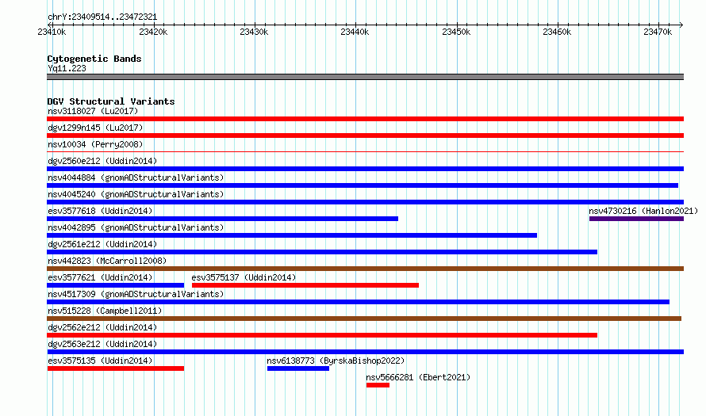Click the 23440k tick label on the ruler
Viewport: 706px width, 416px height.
[355, 32]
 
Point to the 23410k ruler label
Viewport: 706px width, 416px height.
[52, 32]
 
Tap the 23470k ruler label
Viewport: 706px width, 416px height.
[658, 32]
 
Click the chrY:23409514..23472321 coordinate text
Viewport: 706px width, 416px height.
[102, 17]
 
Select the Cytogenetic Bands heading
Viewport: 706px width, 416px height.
[94, 59]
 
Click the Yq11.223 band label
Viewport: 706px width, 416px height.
[67, 68]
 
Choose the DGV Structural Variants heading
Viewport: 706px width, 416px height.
[111, 101]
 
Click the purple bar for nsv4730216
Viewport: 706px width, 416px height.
[636, 219]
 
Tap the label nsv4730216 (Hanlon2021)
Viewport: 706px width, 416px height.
[643, 211]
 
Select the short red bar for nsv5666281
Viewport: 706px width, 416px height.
[378, 385]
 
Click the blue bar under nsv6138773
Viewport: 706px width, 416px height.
[298, 368]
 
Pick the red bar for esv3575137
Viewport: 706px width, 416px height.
[305, 285]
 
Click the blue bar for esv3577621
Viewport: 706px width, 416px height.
[116, 285]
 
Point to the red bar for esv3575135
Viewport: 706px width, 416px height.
[116, 368]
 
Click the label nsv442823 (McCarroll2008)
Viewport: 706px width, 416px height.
[107, 261]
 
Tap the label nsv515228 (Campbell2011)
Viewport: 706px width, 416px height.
[105, 311]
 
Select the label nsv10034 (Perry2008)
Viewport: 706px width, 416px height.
[95, 144]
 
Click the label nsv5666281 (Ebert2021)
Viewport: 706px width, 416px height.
[418, 377]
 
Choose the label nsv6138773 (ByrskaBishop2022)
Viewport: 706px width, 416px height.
[336, 361]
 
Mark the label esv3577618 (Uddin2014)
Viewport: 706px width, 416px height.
[100, 211]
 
